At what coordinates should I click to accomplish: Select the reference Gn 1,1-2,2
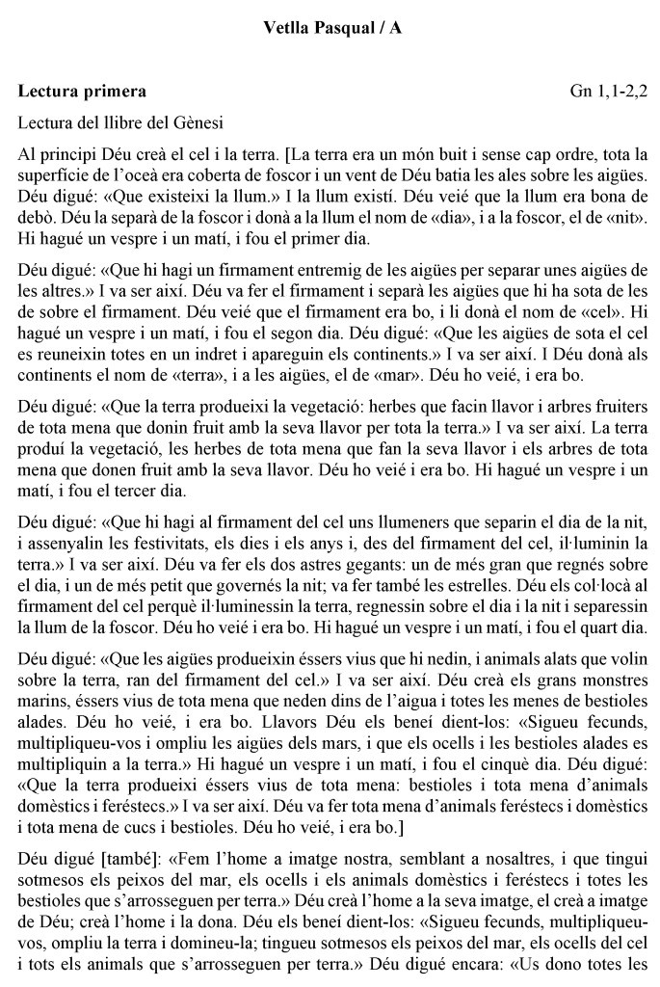[x=608, y=93]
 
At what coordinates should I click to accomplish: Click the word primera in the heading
[x=114, y=93]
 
